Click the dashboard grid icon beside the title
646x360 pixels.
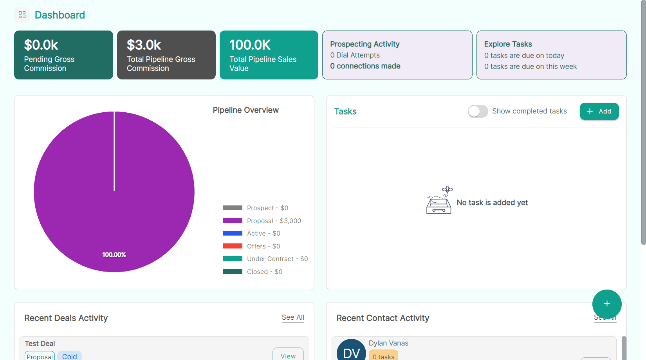point(22,15)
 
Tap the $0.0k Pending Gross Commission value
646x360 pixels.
point(41,45)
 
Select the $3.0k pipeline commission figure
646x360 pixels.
point(144,45)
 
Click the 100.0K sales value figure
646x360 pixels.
point(250,45)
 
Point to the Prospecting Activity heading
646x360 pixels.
point(365,44)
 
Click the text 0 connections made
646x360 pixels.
point(365,66)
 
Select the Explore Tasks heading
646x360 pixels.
point(508,44)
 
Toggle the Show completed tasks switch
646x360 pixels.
point(478,111)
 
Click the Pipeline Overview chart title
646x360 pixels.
point(245,110)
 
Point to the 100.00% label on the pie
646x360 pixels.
point(114,255)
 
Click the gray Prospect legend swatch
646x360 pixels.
point(233,208)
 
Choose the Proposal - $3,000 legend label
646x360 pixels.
point(274,221)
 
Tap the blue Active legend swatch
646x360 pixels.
point(233,233)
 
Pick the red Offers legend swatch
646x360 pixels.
point(233,246)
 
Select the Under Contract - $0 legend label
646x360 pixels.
point(277,259)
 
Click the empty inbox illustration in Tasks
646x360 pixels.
point(439,200)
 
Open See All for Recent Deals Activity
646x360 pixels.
point(293,317)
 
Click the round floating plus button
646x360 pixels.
point(607,304)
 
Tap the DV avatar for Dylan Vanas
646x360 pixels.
point(351,351)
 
